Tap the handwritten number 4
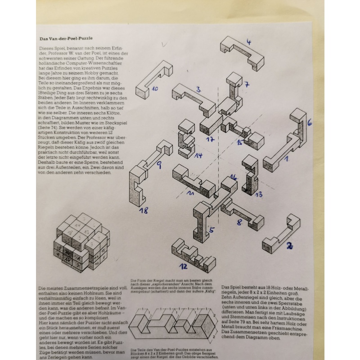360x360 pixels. [249, 42]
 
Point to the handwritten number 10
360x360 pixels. [154, 89]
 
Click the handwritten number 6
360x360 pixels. [309, 122]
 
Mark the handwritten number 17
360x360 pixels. [210, 139]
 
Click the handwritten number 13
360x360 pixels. [259, 194]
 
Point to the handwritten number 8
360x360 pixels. [239, 222]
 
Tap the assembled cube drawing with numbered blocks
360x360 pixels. [81, 243]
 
